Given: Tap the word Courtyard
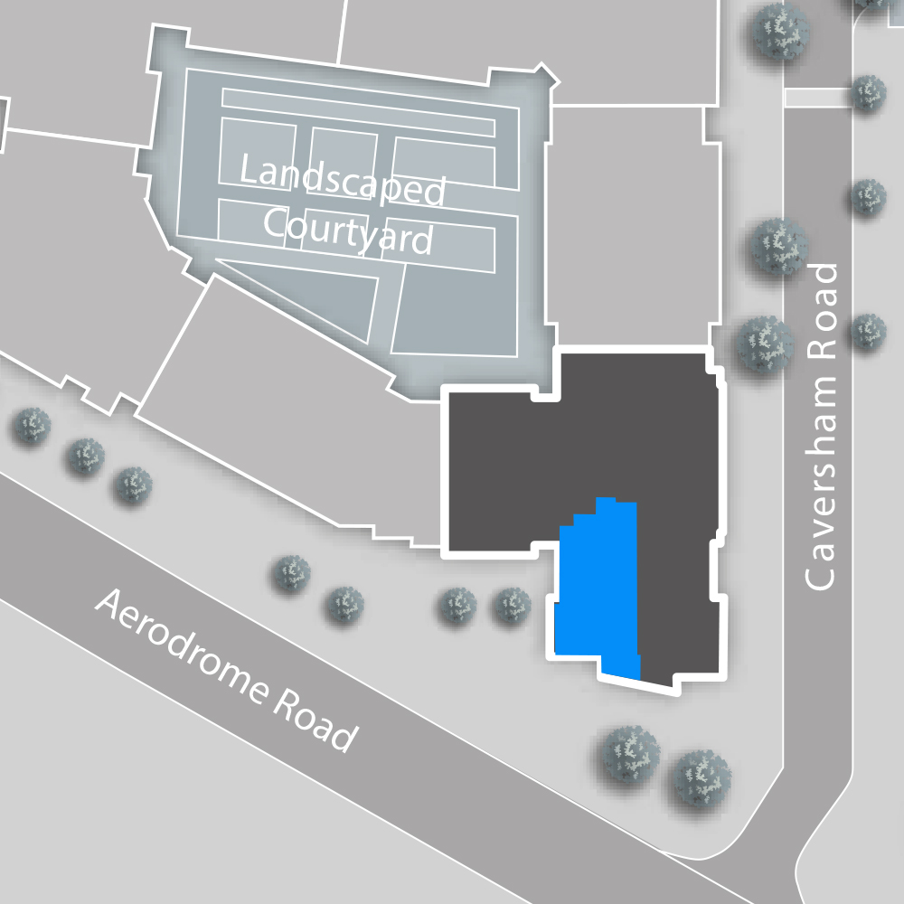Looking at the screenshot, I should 347,231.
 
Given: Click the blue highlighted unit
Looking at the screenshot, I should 597,588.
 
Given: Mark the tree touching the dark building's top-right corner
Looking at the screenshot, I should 765,344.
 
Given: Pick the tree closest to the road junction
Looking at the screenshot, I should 701,777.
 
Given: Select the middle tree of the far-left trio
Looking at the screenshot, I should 86,457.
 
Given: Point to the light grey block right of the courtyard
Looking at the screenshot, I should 633,226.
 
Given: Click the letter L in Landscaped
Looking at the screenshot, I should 249,171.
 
